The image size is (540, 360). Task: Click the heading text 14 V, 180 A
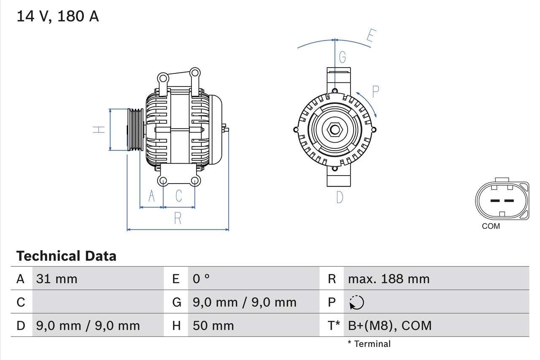click(57, 16)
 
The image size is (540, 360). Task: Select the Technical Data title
click(66, 256)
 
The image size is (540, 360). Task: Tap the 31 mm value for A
click(57, 279)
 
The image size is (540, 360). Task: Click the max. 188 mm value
click(389, 279)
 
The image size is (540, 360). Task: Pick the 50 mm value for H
click(213, 325)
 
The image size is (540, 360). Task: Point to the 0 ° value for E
click(201, 279)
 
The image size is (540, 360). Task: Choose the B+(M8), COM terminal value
click(390, 325)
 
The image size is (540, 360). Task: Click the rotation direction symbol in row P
click(356, 302)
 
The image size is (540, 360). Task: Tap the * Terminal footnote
click(369, 344)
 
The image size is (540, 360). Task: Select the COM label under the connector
click(491, 226)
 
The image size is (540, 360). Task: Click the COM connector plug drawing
click(502, 200)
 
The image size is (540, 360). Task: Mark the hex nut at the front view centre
click(335, 130)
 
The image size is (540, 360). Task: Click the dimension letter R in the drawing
click(178, 218)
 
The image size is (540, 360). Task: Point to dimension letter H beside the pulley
click(99, 130)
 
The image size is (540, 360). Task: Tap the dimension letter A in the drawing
click(151, 196)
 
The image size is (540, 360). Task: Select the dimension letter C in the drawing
click(178, 196)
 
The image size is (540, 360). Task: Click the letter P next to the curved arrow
click(375, 90)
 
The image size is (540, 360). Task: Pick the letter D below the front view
click(340, 197)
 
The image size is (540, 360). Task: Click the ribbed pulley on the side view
click(135, 130)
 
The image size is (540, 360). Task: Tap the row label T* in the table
click(334, 325)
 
